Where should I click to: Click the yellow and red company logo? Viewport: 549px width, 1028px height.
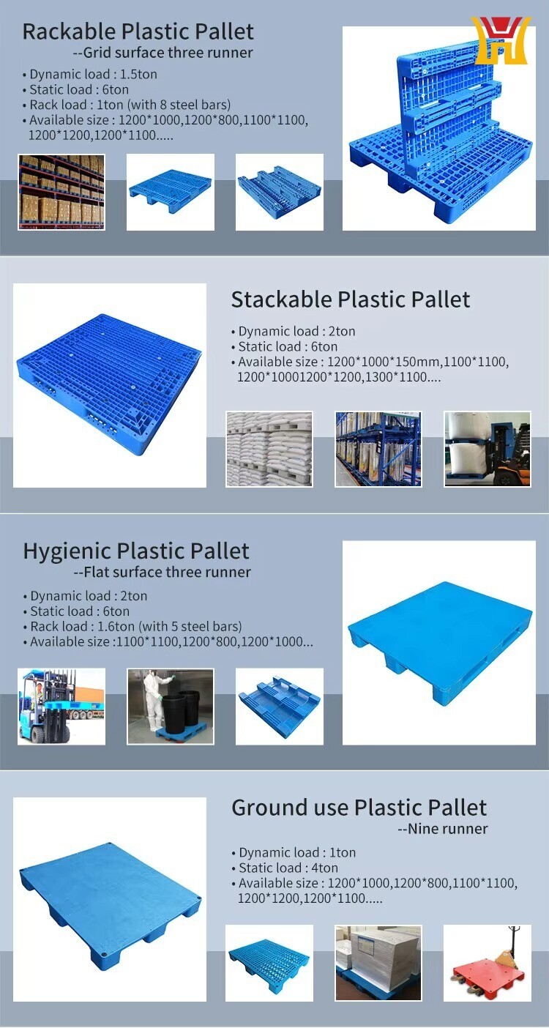point(501,40)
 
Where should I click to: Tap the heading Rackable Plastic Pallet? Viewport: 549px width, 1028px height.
point(138,31)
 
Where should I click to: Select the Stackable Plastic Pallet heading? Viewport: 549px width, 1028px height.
point(351,299)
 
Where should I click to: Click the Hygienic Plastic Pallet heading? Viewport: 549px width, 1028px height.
point(136,551)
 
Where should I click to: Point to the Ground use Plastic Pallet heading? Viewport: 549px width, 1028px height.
point(359,808)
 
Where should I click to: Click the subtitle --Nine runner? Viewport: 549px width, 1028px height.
point(443,828)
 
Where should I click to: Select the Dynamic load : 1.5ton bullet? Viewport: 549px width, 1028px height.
point(89,74)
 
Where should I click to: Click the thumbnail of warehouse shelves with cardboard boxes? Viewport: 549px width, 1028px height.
point(61,193)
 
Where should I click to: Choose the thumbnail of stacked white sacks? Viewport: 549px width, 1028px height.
point(269,449)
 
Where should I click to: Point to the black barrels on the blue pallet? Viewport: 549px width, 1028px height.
point(189,707)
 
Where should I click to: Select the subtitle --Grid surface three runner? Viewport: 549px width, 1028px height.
point(163,52)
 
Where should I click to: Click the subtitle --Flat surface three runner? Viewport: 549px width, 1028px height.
point(163,572)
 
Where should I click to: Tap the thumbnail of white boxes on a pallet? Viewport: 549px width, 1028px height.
point(378,962)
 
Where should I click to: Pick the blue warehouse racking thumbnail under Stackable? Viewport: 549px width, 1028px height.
point(378,449)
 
